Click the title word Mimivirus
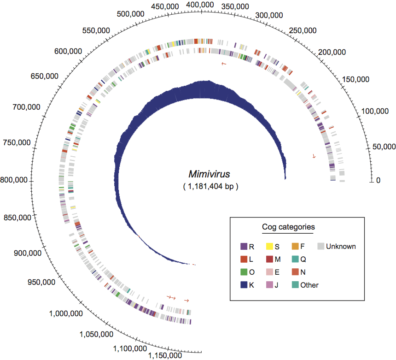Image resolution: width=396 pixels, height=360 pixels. (x=209, y=174)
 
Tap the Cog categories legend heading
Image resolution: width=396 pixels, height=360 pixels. (x=289, y=227)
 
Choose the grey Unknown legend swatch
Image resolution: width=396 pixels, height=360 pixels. (x=321, y=247)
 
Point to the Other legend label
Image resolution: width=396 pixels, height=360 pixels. (x=309, y=285)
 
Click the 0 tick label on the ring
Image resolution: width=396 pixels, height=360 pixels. (x=378, y=180)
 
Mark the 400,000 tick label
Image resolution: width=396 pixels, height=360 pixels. (x=200, y=5)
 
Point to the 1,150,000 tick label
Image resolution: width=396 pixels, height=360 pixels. (x=165, y=355)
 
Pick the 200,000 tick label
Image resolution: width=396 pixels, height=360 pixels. (x=333, y=53)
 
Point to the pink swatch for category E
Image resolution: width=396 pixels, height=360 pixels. (x=270, y=272)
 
